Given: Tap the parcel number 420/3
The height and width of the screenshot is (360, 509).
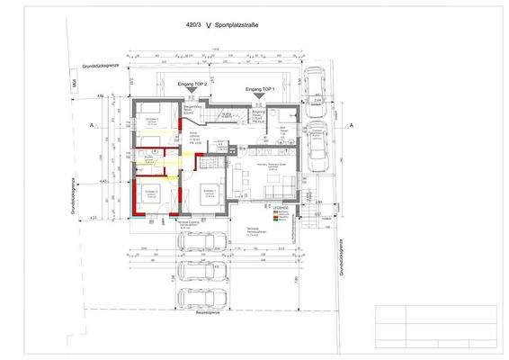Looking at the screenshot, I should pyautogui.click(x=191, y=26).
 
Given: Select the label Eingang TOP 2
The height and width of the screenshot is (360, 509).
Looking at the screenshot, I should pyautogui.click(x=192, y=84).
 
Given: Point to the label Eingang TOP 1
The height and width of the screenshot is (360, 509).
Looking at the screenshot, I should pyautogui.click(x=260, y=90).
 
